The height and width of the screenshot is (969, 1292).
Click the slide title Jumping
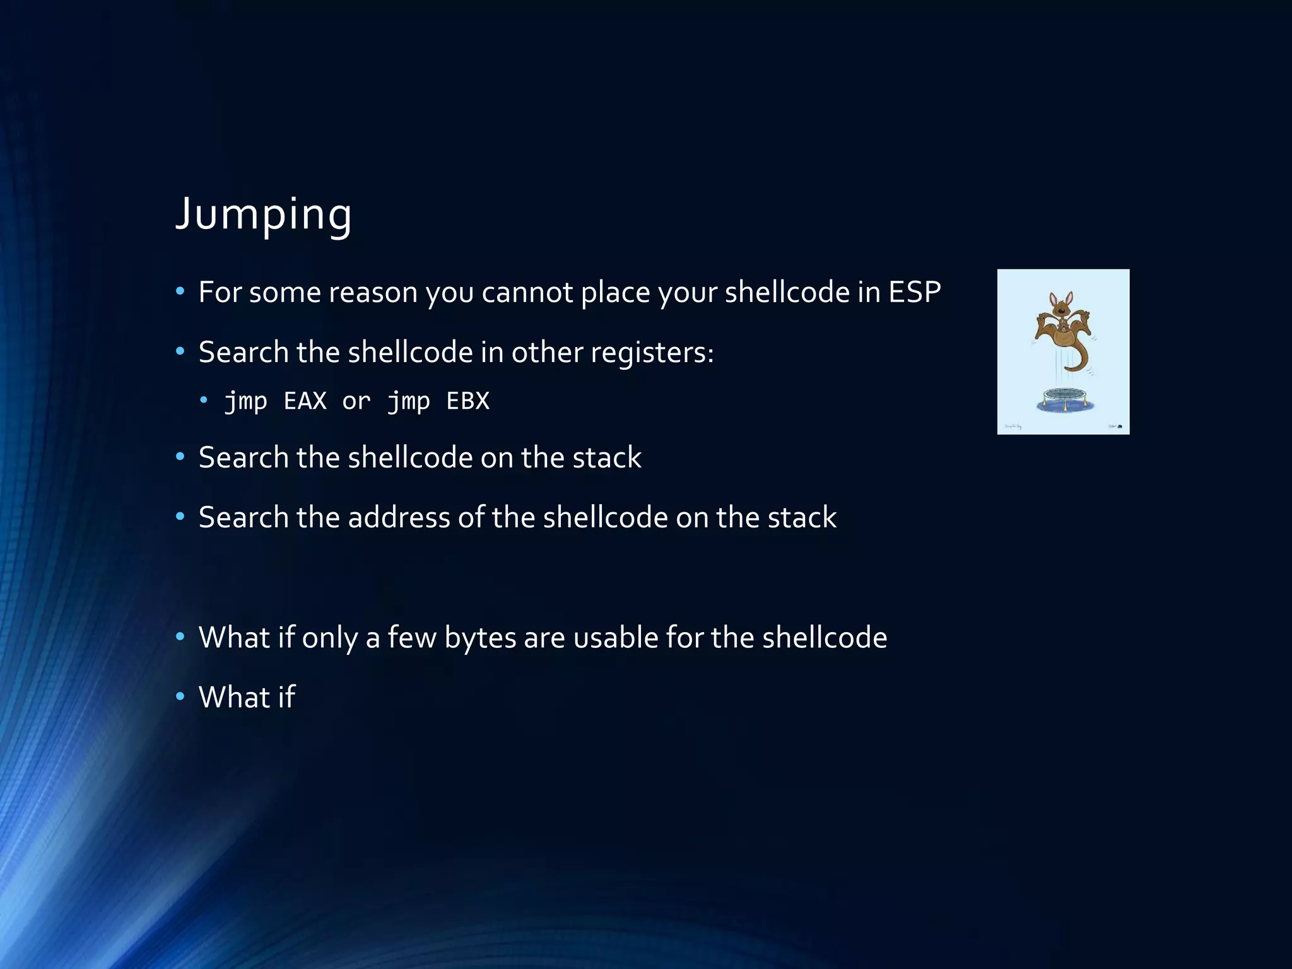coord(263,214)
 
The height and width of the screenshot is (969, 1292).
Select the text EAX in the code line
coord(305,401)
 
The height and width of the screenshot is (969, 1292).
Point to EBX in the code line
coord(467,401)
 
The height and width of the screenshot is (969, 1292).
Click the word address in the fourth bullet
coord(399,517)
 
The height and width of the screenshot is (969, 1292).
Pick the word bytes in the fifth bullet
coord(480,638)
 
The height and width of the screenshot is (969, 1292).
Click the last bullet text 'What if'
coord(247,697)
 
